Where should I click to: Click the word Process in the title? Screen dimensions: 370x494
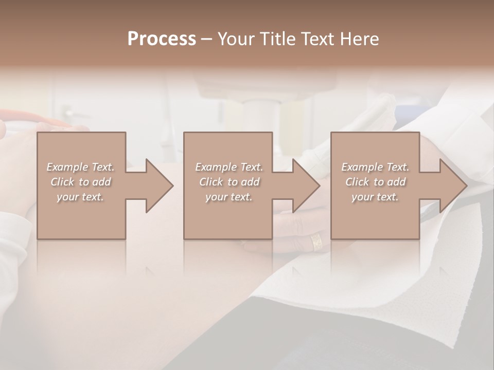[x=162, y=39]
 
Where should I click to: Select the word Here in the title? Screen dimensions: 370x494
[x=359, y=39]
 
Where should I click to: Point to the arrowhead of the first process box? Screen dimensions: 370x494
[x=160, y=186]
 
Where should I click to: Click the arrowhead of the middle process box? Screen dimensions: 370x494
[x=306, y=186]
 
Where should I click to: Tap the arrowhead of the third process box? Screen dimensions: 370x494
[x=453, y=186]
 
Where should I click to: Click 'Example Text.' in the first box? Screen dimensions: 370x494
[x=81, y=167]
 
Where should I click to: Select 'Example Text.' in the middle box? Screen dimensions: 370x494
[x=229, y=167]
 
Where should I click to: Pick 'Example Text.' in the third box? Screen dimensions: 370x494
[x=375, y=167]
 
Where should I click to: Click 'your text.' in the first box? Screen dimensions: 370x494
[x=80, y=197]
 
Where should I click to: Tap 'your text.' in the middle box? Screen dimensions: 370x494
[x=228, y=197]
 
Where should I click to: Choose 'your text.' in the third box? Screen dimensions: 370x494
[x=375, y=197]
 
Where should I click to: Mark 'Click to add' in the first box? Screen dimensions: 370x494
[x=81, y=182]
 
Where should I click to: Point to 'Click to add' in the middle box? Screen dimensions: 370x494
[x=229, y=182]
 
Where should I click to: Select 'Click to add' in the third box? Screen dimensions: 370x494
[x=375, y=182]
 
